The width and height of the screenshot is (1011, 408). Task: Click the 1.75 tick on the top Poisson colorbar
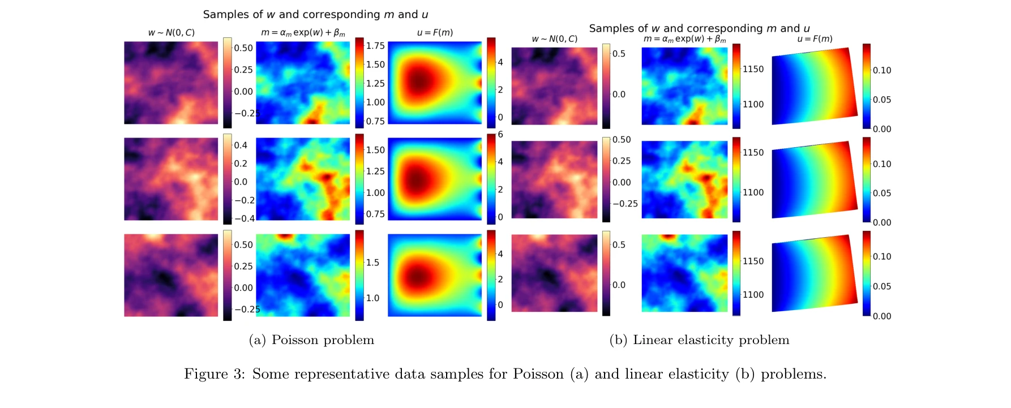pyautogui.click(x=375, y=46)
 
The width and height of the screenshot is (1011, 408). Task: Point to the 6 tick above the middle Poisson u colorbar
pyautogui.click(x=500, y=134)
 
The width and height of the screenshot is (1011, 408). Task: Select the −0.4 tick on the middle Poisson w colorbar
pyautogui.click(x=245, y=218)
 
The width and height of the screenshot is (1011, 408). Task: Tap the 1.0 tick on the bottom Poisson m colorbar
pyautogui.click(x=372, y=298)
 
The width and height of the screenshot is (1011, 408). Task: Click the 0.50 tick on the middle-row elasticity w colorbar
pyautogui.click(x=621, y=140)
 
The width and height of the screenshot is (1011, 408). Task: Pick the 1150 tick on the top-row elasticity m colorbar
pyautogui.click(x=753, y=69)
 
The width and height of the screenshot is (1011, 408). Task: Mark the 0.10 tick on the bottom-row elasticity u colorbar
pyautogui.click(x=881, y=257)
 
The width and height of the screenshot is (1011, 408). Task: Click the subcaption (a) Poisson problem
pyautogui.click(x=311, y=340)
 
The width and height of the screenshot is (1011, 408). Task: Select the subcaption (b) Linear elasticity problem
pyautogui.click(x=699, y=340)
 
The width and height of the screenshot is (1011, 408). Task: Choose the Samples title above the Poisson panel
pyautogui.click(x=315, y=15)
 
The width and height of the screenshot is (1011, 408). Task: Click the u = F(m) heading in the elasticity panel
pyautogui.click(x=815, y=39)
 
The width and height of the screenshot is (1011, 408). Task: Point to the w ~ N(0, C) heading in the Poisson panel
pyautogui.click(x=171, y=33)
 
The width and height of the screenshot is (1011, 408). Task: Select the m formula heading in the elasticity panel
pyautogui.click(x=684, y=39)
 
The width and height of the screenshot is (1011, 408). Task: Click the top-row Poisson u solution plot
pyautogui.click(x=435, y=83)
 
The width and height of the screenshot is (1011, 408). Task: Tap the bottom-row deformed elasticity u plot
pyautogui.click(x=814, y=273)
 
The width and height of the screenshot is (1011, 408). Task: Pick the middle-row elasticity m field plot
pyautogui.click(x=684, y=179)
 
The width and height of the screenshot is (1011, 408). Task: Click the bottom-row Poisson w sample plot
pyautogui.click(x=171, y=275)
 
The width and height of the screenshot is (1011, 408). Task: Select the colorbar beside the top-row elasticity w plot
pyautogui.click(x=606, y=86)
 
